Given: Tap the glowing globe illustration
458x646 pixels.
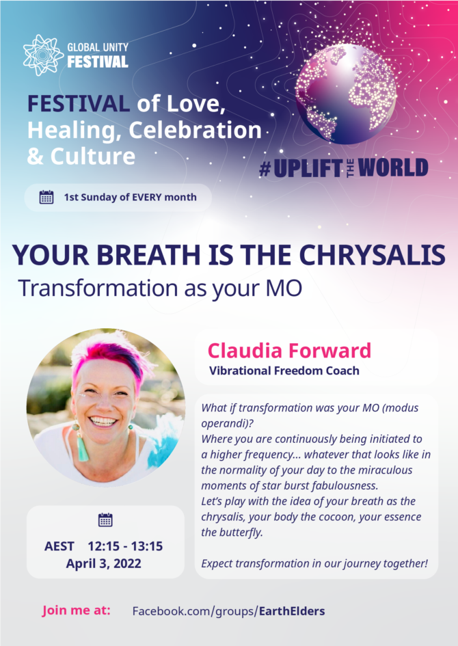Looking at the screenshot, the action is click(x=346, y=94).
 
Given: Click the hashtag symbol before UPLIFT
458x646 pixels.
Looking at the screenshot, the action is click(x=265, y=168).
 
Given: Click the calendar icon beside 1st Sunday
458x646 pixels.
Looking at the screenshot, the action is click(x=46, y=198).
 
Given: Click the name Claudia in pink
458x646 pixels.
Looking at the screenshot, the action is click(x=245, y=351).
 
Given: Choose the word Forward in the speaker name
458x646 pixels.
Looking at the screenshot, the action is click(x=329, y=351).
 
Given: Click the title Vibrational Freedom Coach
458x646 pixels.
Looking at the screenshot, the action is click(x=284, y=371).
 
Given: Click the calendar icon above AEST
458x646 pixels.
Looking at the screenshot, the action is click(x=105, y=520).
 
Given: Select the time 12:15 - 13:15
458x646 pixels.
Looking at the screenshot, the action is click(x=125, y=546).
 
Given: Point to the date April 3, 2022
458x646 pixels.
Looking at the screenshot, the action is click(x=104, y=563).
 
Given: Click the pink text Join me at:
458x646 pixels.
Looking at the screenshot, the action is click(x=76, y=610).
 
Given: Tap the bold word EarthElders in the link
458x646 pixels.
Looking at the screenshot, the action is click(x=292, y=611).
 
